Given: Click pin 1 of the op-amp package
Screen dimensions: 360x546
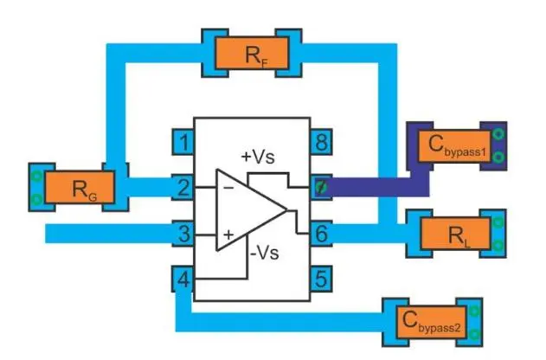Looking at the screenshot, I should coord(183,140).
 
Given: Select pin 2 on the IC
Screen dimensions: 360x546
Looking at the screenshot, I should coord(183,186).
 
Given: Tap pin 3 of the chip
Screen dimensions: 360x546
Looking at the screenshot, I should coord(183,233).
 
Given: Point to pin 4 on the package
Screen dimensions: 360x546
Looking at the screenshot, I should coord(183,280).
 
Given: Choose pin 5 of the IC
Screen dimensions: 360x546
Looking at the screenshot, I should coord(321,280).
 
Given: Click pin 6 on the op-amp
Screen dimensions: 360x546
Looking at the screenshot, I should coord(321,233).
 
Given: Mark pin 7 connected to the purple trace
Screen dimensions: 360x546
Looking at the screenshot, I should coord(321,187).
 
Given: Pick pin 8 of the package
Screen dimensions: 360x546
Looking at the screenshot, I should coord(321,140).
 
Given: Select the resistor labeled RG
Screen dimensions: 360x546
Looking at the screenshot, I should coord(79,188).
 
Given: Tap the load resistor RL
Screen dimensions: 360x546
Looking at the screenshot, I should coord(455,234).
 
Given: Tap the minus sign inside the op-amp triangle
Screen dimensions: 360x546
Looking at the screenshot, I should coord(227,187).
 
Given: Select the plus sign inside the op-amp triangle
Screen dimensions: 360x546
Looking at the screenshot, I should coord(228,233).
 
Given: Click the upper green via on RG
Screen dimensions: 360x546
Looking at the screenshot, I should coord(36,177).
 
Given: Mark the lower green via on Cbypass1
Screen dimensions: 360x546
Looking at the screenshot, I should coord(499,157).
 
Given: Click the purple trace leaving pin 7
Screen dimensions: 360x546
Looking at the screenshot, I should coord(372,188).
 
